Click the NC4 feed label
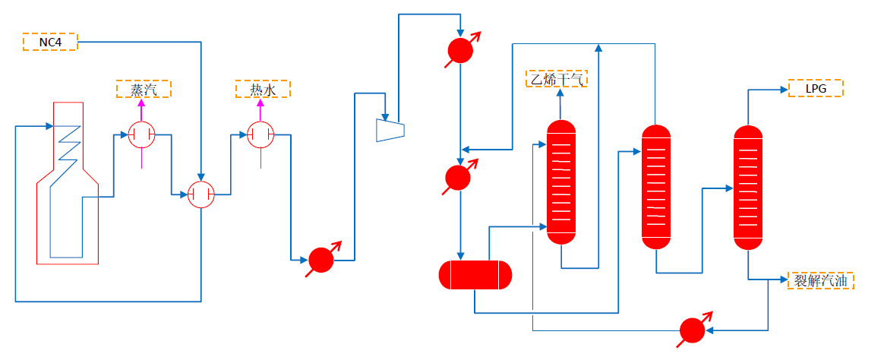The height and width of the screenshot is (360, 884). [50, 42]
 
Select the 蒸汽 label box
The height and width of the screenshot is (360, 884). [144, 90]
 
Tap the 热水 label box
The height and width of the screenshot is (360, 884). [262, 90]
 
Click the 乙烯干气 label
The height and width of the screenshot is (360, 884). [558, 78]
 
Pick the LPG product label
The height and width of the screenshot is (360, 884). [816, 89]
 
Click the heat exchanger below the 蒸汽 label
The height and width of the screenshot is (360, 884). [142, 136]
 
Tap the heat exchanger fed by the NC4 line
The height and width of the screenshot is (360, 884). [201, 196]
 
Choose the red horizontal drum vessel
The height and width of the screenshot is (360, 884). [475, 275]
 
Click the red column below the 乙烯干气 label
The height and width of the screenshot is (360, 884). [561, 182]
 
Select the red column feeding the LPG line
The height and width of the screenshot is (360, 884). [748, 187]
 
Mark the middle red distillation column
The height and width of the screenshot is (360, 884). [657, 187]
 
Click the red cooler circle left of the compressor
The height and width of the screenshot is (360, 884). [321, 261]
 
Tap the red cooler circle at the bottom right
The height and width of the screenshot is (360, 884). [692, 330]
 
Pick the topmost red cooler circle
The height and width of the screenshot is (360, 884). [459, 51]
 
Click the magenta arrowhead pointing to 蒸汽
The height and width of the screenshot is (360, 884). [142, 104]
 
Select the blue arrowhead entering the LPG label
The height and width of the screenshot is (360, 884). [784, 90]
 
